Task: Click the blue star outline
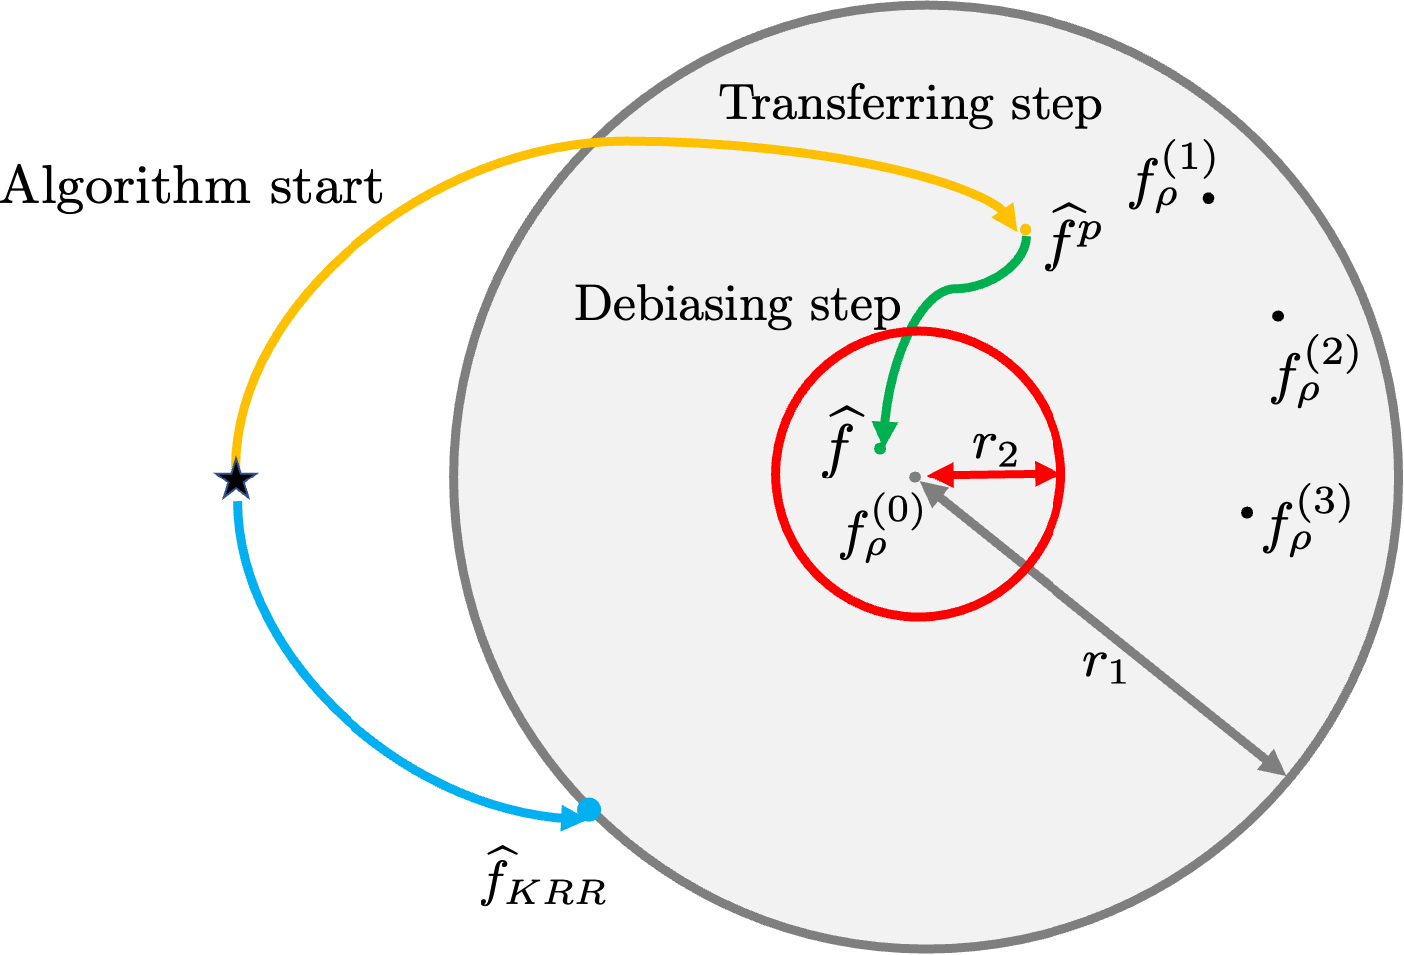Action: tap(236, 480)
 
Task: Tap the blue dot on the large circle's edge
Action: tap(589, 809)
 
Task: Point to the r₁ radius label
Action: tap(1105, 665)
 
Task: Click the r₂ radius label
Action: tap(996, 447)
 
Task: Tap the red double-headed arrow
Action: tap(992, 476)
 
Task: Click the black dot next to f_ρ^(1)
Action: tap(1208, 198)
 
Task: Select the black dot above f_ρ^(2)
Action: tap(1278, 316)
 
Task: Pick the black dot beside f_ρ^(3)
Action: tap(1246, 513)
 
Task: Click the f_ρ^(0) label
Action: tap(880, 529)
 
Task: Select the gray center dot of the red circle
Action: tap(914, 477)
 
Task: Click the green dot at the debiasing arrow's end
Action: tap(880, 449)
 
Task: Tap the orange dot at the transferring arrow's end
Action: tap(1025, 230)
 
